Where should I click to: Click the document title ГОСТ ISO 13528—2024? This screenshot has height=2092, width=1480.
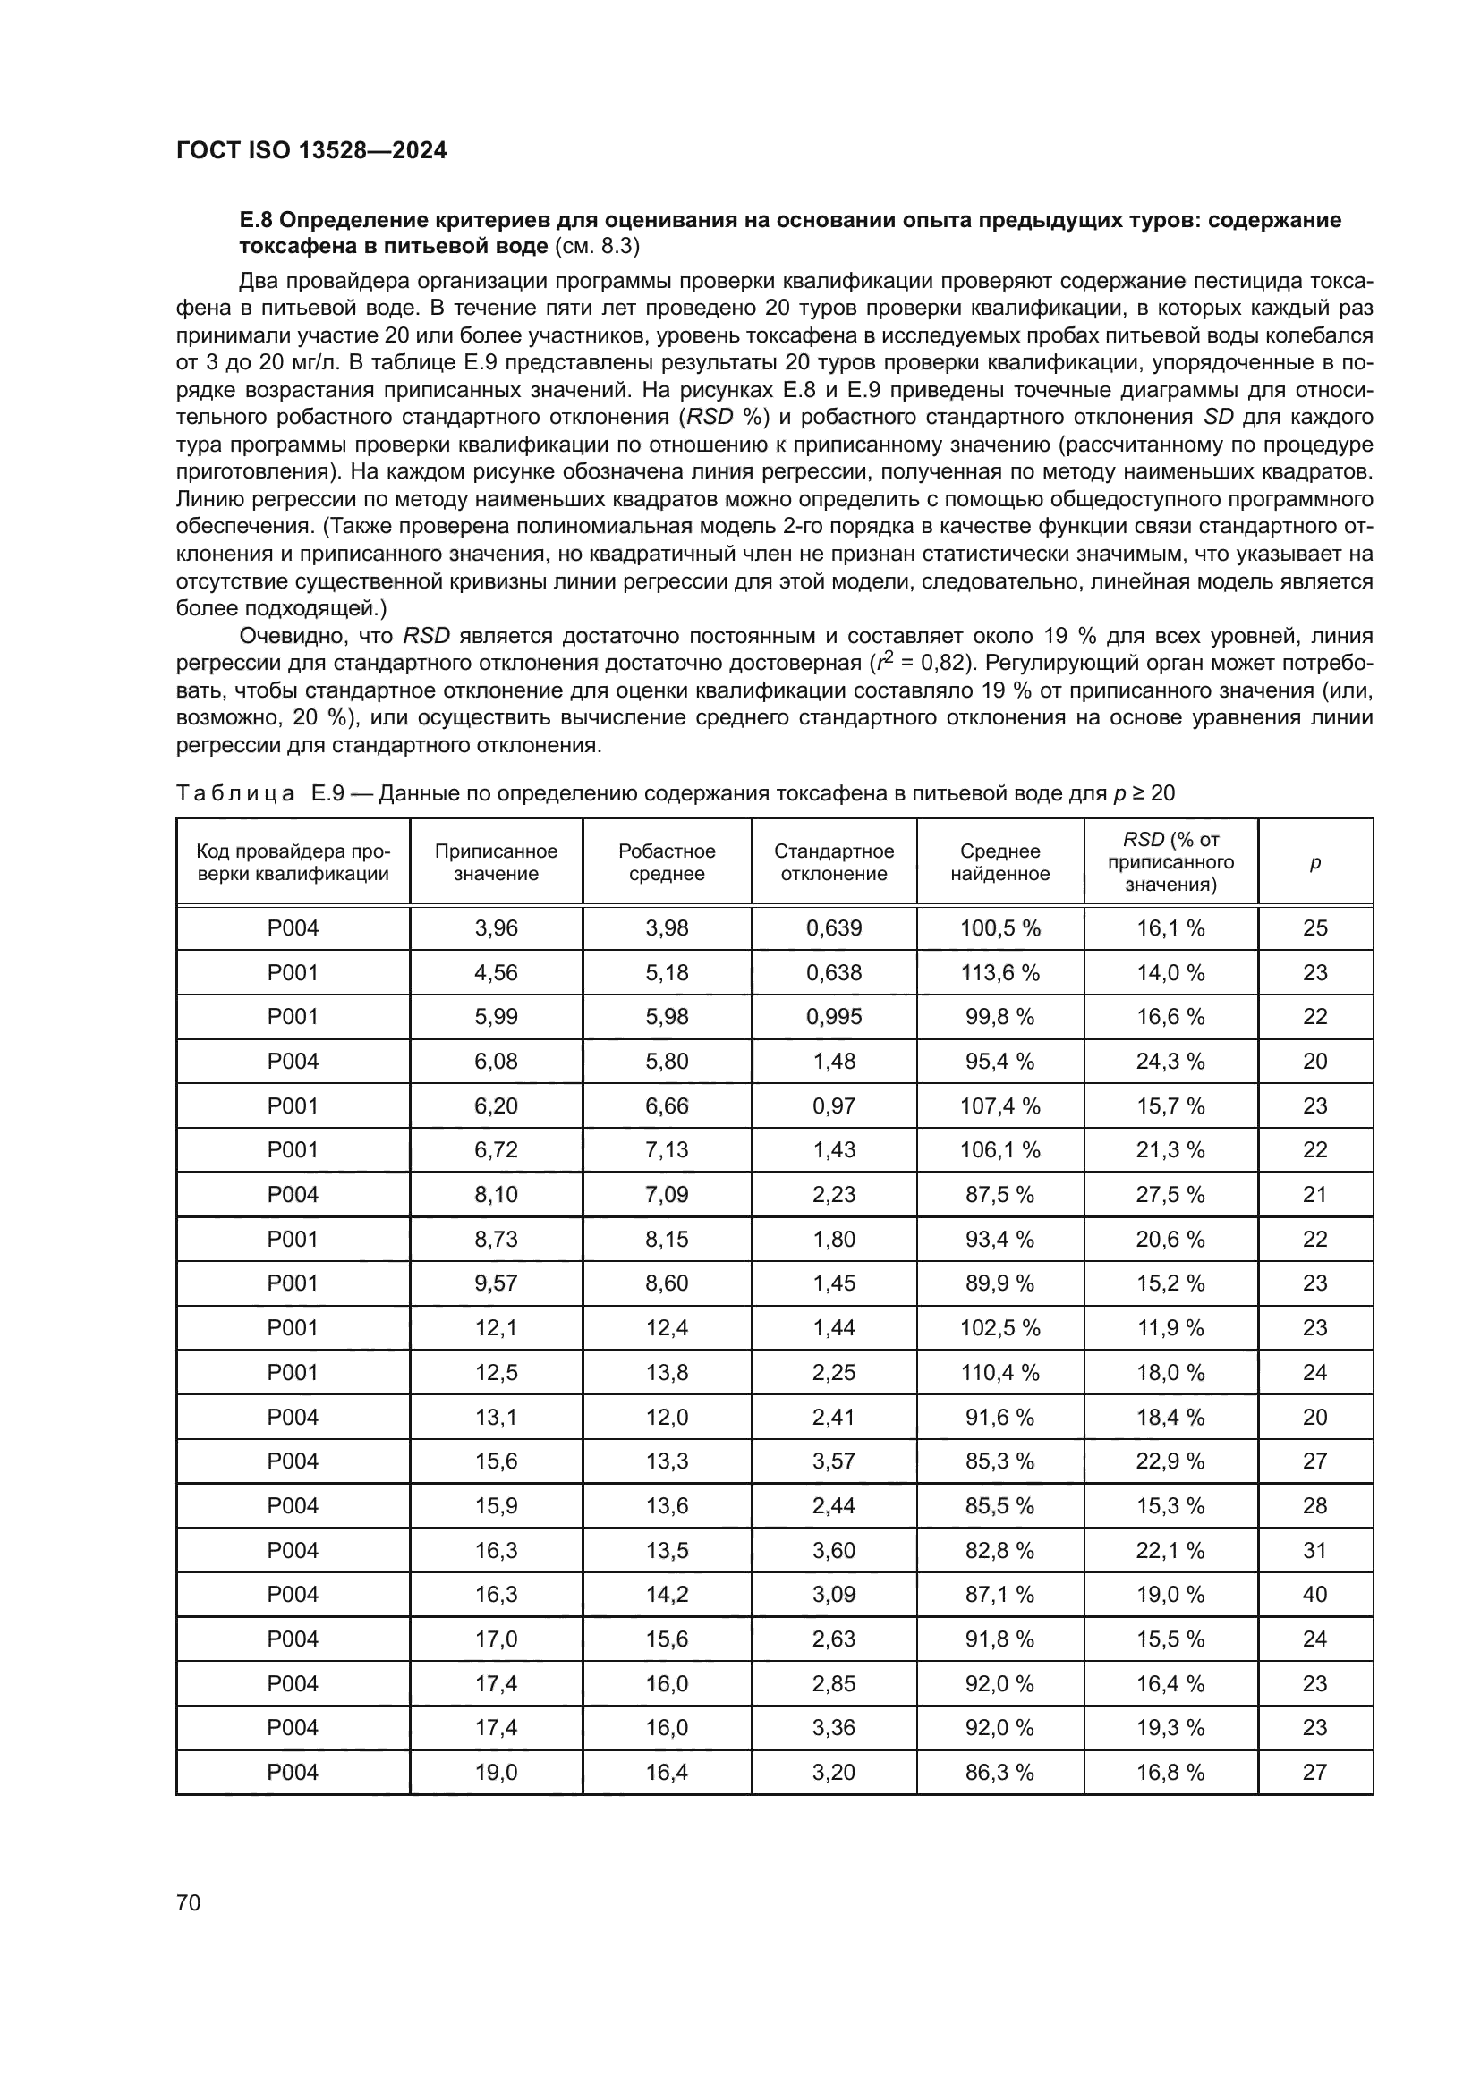tap(310, 151)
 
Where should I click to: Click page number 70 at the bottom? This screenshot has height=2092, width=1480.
tap(189, 1902)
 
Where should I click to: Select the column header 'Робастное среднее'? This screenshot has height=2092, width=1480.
tap(667, 862)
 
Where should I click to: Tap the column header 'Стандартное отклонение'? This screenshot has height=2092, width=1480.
tap(834, 862)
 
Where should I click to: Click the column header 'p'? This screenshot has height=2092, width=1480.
tap(1314, 862)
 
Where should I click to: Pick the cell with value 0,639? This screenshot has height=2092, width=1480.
tap(834, 928)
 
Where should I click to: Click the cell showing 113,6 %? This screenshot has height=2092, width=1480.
tap(999, 973)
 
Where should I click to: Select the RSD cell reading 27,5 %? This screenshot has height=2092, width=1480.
tap(1170, 1195)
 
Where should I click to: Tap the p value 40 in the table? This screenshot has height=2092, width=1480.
tap(1314, 1595)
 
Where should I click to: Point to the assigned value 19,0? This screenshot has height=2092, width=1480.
tap(496, 1772)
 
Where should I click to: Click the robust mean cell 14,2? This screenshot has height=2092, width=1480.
tap(667, 1595)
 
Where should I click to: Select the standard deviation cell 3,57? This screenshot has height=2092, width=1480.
tap(834, 1461)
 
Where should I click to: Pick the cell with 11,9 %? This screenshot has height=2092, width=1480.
tap(1170, 1327)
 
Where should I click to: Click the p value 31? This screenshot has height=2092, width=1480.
tap(1314, 1550)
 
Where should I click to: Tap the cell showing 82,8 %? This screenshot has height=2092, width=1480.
tap(999, 1550)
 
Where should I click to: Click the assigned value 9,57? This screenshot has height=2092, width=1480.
tap(496, 1283)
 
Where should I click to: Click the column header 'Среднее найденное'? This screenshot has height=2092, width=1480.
tap(999, 862)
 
